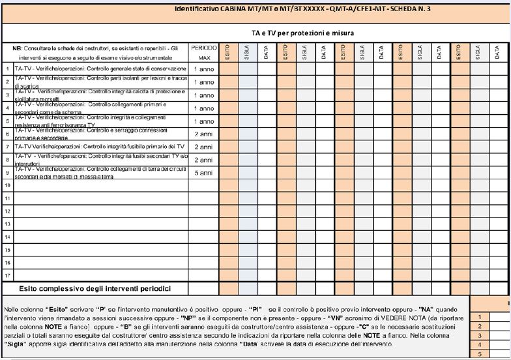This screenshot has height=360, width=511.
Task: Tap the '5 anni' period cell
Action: (204, 173)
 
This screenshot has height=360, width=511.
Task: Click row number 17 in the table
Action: (7, 275)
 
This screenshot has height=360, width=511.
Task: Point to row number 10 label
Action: (7, 186)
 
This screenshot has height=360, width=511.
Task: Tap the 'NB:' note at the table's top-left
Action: (18, 49)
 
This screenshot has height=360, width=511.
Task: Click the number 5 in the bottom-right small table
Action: (479, 354)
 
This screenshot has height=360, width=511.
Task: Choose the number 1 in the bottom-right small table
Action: (479, 316)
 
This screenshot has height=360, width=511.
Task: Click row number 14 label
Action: (7, 237)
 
